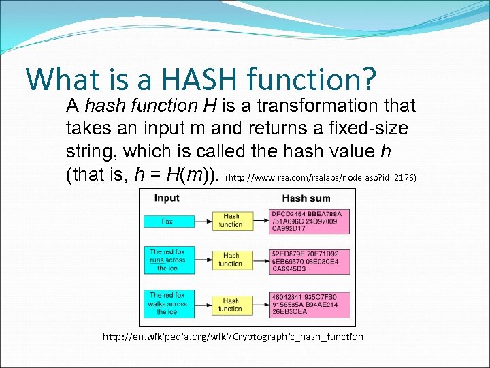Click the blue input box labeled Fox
167,221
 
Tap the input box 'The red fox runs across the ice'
167,260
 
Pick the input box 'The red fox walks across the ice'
167,303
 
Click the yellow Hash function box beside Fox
231,221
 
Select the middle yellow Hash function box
231,260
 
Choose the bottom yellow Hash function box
231,304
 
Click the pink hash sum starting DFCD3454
310,221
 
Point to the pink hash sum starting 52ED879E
310,260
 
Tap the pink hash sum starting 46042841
310,304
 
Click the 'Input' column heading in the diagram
167,198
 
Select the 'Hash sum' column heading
306,198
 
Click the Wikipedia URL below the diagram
233,337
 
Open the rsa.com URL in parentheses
327,178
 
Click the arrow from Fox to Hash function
203,221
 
